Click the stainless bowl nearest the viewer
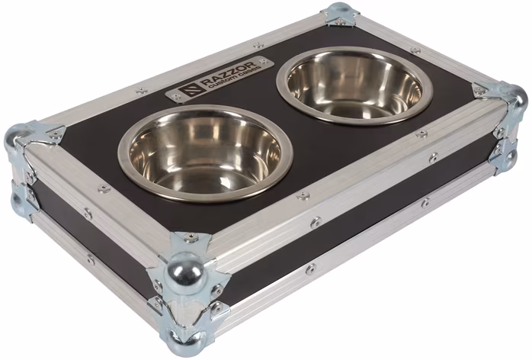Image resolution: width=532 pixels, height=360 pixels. [x=204, y=153]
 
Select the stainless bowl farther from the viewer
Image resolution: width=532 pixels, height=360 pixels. [x=354, y=85]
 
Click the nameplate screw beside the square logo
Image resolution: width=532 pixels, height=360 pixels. [x=176, y=97]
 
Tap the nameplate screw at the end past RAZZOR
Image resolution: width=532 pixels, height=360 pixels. [x=262, y=61]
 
